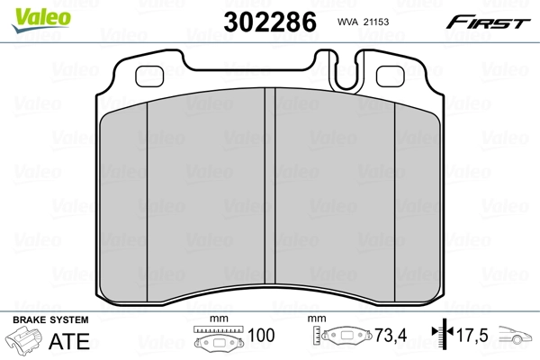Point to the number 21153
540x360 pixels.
(x=384, y=23)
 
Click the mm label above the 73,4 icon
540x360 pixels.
(x=315, y=319)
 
